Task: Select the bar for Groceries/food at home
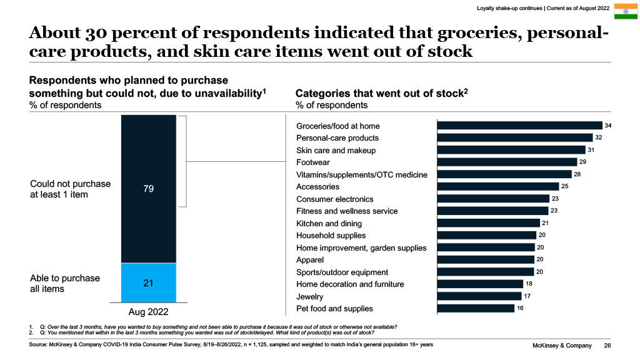519,126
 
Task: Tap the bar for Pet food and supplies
476,308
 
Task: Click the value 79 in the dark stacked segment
149,188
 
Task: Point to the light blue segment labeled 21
149,283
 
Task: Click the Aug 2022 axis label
149,311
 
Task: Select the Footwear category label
314,162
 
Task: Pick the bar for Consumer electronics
493,199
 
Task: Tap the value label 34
608,126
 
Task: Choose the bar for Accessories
497,186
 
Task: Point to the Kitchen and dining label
329,223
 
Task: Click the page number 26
607,346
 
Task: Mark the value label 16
521,308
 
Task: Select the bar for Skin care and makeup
511,150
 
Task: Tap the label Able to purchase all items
65,283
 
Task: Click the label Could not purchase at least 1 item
70,189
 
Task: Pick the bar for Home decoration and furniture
480,284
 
